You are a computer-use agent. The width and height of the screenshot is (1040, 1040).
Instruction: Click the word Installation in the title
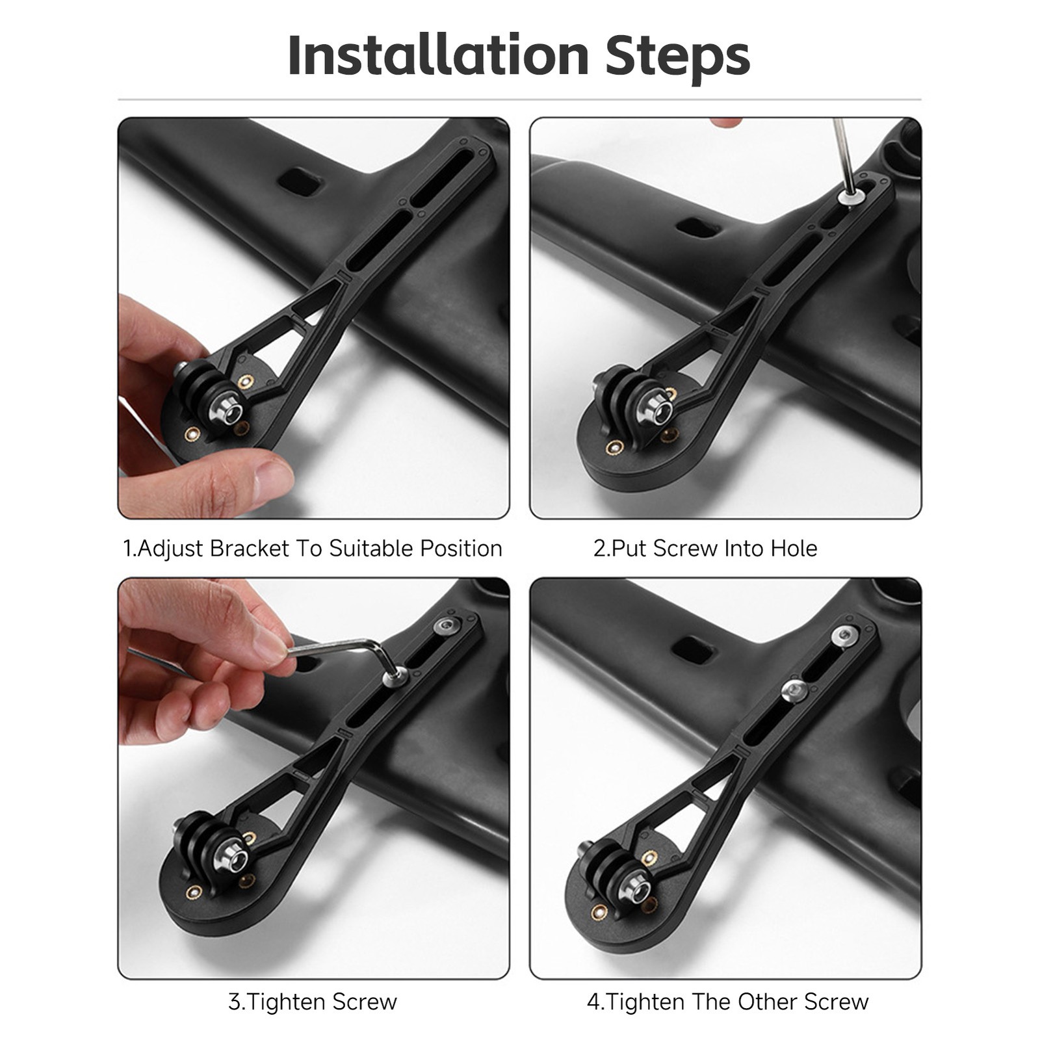click(438, 55)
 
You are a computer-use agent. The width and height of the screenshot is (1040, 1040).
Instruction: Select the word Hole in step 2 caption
click(794, 548)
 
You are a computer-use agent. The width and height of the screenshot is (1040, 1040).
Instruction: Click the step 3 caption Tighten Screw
click(313, 1002)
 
